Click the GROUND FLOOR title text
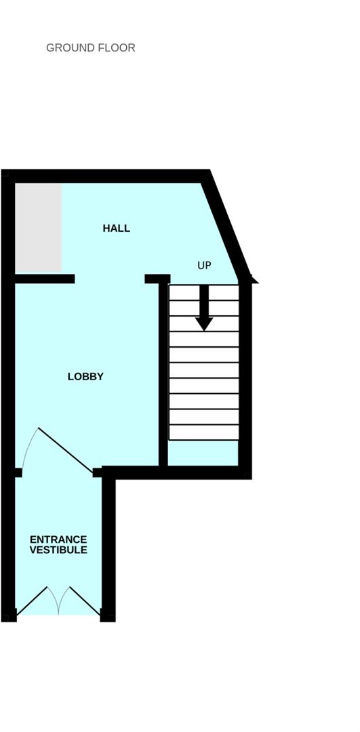tap(90, 48)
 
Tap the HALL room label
tap(116, 228)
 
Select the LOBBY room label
tap(85, 377)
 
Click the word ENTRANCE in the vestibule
tap(58, 540)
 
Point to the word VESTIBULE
tap(58, 550)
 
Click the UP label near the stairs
tap(204, 266)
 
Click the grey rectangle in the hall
tap(39, 228)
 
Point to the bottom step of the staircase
tap(204, 432)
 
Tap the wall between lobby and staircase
tap(163, 373)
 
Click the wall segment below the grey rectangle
tap(45, 279)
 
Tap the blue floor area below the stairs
tap(203, 453)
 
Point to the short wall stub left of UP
tap(157, 279)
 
